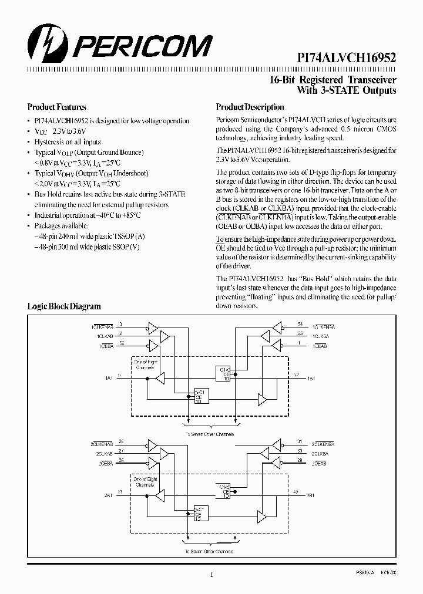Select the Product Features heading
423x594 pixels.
point(57,107)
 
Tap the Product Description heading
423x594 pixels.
point(250,107)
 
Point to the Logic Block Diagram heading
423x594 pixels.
point(64,306)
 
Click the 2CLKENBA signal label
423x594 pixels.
point(324,443)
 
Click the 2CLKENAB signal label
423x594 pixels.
point(102,443)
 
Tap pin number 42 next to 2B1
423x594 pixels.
point(296,492)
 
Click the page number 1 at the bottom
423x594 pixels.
point(211,576)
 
